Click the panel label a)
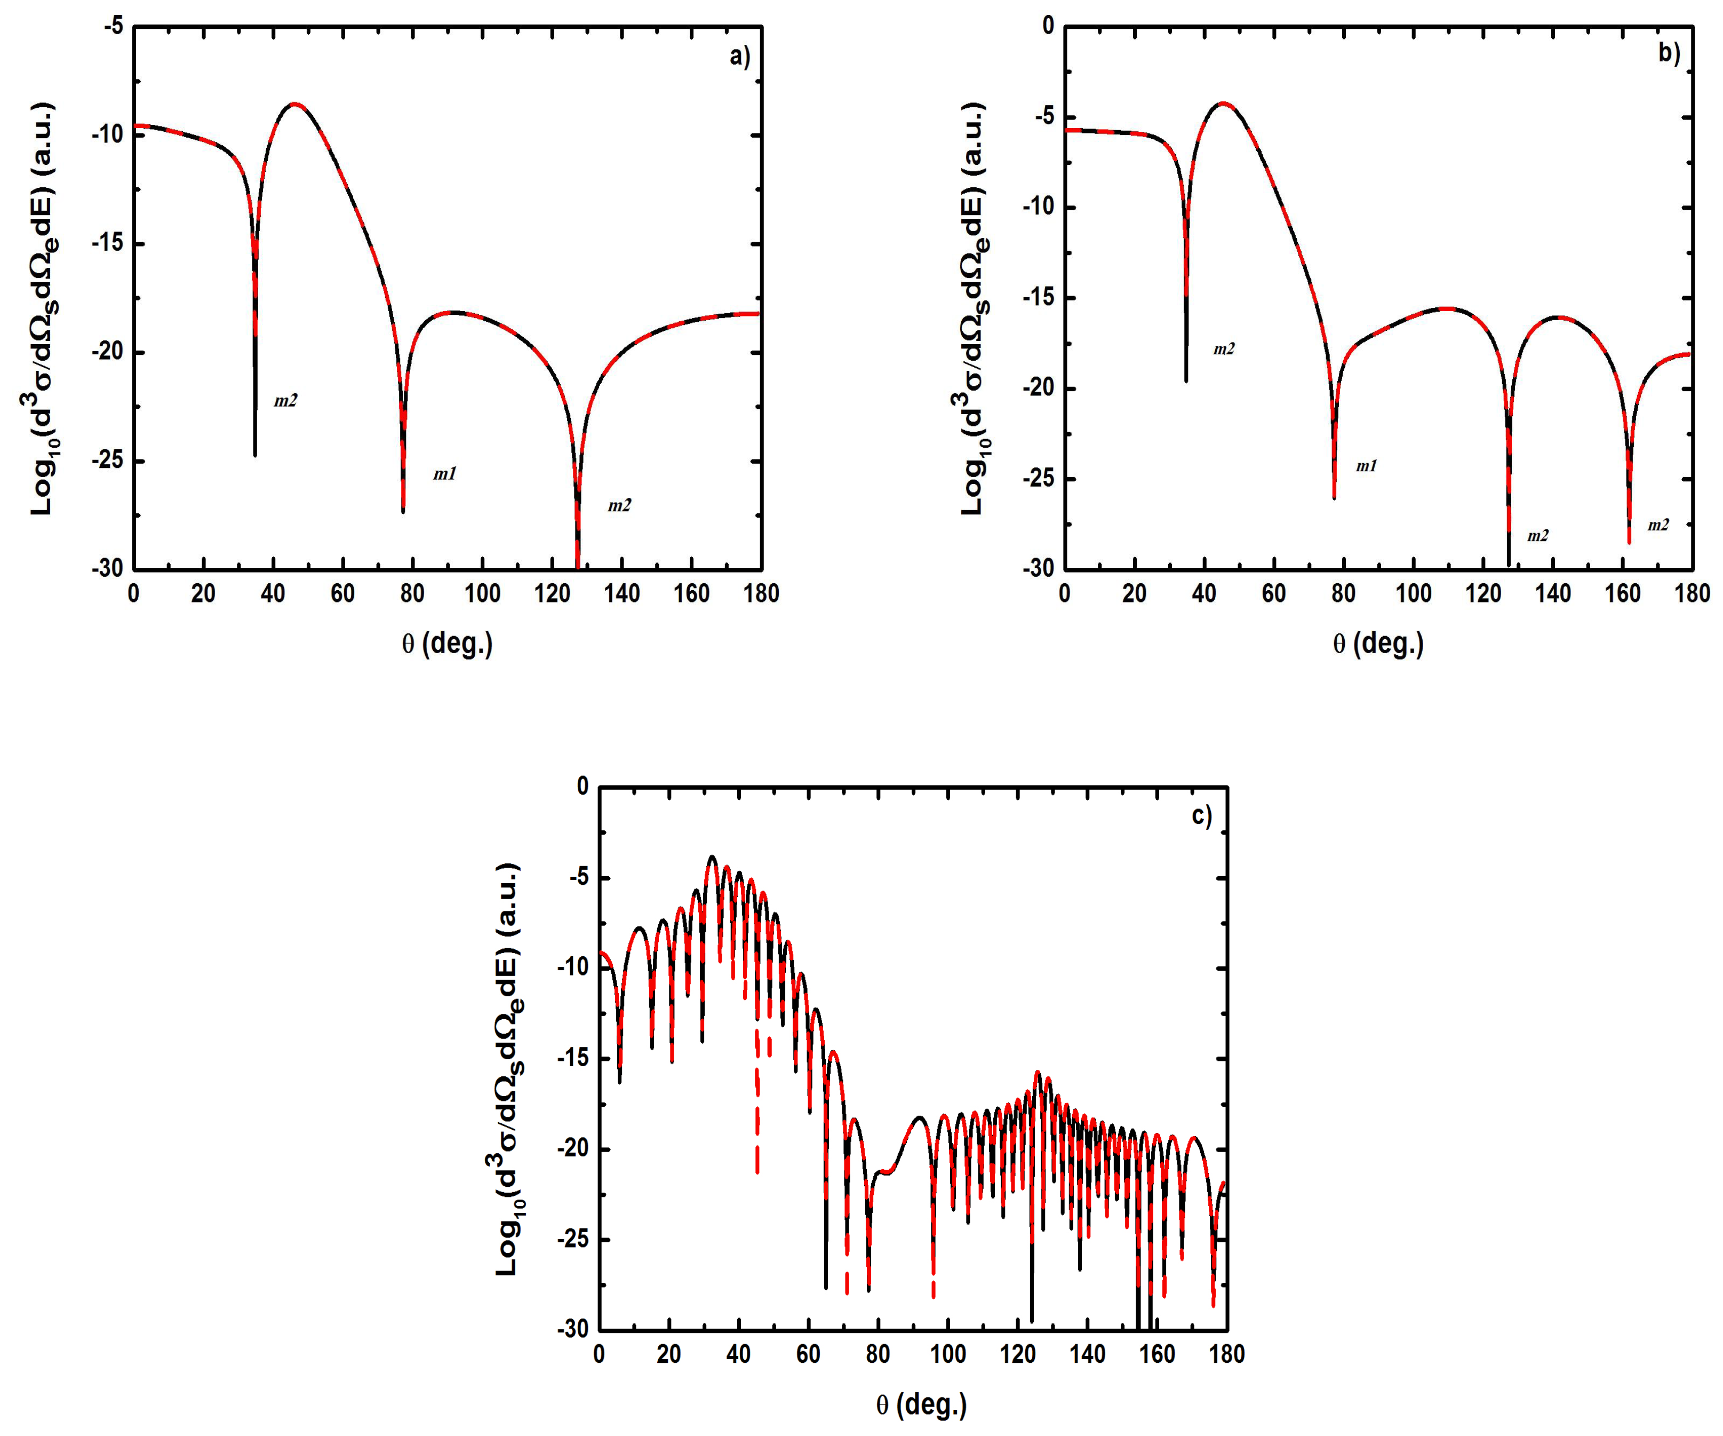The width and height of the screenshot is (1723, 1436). coord(739,56)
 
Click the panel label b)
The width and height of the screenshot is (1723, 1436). coord(1669,52)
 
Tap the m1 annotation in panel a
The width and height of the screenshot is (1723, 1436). coord(445,473)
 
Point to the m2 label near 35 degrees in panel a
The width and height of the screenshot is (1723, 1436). coord(285,400)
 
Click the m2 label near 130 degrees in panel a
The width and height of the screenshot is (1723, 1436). coord(619,505)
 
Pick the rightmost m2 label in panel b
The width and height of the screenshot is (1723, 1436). coord(1658,525)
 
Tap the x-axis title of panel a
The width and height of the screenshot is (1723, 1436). coord(447,644)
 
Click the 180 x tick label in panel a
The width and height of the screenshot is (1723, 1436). coord(761,593)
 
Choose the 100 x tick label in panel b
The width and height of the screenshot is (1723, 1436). coord(1413,593)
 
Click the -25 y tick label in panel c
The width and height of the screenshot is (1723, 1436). coord(573,1239)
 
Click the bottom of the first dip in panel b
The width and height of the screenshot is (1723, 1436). coord(1186,380)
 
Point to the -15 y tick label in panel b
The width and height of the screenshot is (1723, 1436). coord(1039,298)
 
